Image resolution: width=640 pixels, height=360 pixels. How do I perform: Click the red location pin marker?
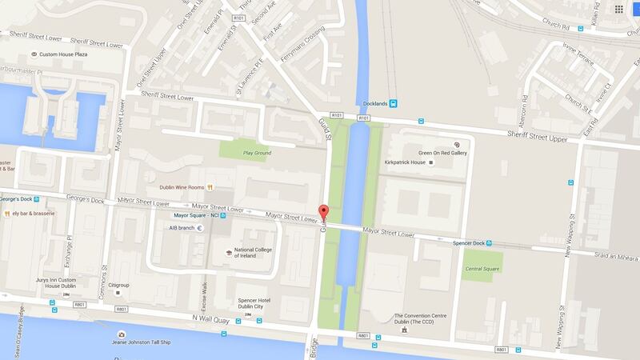324,212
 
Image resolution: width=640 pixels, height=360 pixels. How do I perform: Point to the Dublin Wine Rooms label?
178,186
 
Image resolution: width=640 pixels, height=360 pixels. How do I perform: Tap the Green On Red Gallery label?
442,152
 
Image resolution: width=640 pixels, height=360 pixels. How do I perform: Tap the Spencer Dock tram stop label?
467,243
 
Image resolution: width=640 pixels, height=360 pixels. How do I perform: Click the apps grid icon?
618,9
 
